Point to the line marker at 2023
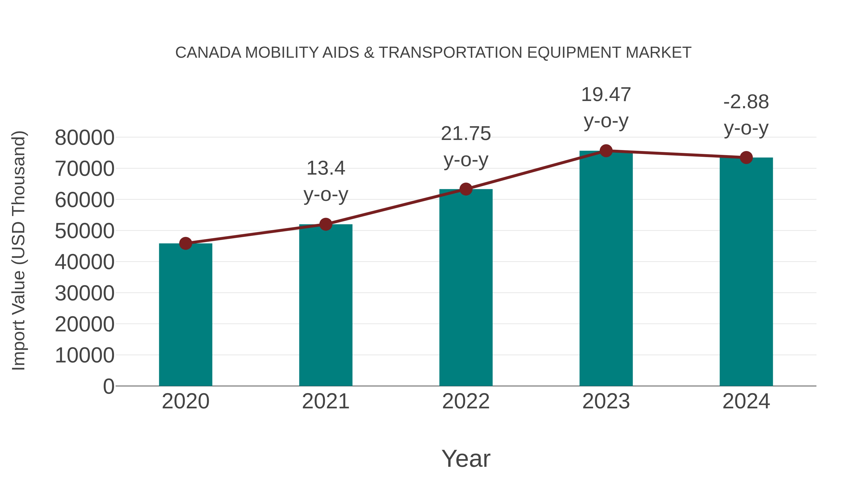tap(606, 151)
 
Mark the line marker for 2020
tap(185, 243)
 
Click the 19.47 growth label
tap(606, 95)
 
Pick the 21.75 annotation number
tap(466, 134)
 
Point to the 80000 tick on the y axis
tap(85, 138)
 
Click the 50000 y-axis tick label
tap(85, 231)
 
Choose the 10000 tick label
tap(85, 355)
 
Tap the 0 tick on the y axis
tap(109, 386)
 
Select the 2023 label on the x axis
tap(606, 401)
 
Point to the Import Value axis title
tap(19, 250)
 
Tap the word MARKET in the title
tap(658, 53)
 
